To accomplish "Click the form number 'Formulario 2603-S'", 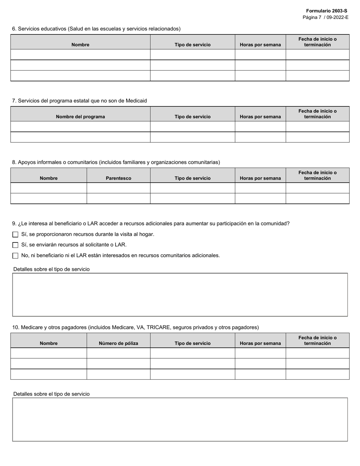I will pos(326,11).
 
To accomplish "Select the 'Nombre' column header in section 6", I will pos(80,45).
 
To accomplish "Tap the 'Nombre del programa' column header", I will pos(80,117).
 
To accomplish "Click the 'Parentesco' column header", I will pos(119,178).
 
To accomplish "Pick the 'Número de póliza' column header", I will pos(119,343).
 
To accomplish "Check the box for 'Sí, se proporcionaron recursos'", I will pos(16,235).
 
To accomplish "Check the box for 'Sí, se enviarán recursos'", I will pos(16,245).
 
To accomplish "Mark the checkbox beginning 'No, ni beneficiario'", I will pos(16,256).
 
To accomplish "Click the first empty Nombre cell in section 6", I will pos(80,55).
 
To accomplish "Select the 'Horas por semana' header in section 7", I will pos(260,117).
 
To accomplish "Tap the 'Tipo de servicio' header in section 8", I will pos(193,178).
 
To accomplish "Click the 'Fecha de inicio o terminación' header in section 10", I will pos(318,341).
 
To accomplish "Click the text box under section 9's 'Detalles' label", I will pos(180,294).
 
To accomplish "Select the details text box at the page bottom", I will pos(180,419).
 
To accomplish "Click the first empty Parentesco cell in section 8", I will pos(119,188).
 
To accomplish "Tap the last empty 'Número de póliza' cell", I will pos(119,374).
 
